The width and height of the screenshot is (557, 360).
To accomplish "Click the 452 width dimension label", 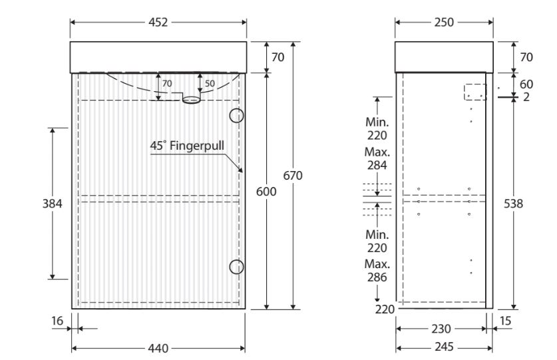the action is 158,23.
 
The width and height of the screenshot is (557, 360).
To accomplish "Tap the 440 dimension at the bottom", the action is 158,348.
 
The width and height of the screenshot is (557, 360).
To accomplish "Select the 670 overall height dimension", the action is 293,175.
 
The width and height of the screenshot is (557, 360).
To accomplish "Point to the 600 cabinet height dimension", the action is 266,192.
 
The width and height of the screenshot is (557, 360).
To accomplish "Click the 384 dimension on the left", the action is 52,204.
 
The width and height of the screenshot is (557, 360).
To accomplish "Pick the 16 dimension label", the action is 57,321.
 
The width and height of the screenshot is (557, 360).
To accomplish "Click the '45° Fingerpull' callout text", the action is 187,146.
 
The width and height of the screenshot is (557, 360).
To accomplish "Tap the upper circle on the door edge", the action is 236,116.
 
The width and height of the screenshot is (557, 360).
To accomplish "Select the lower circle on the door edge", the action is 236,267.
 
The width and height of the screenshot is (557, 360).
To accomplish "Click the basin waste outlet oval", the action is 192,100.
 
